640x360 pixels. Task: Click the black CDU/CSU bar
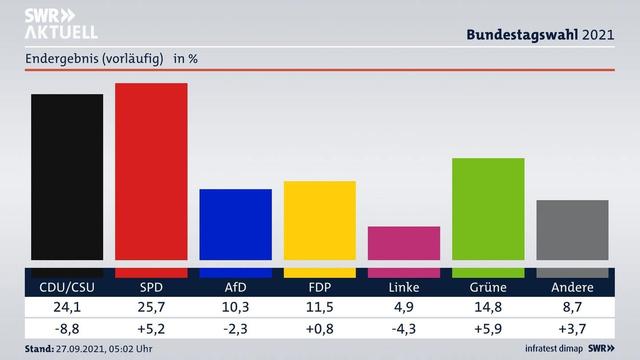[x=67, y=185]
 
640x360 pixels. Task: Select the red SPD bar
[x=151, y=180]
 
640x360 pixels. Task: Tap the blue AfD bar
[x=235, y=232]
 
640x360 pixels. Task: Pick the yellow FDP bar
[x=319, y=228]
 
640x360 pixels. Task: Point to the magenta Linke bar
[x=404, y=251]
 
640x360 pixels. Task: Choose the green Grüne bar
[x=488, y=217]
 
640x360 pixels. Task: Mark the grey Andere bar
[x=572, y=238]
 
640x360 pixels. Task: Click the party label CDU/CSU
[x=67, y=288]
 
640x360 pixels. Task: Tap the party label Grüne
[x=488, y=288]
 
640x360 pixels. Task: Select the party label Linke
[x=404, y=288]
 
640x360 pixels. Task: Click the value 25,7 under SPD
[x=151, y=307]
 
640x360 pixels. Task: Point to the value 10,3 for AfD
[x=235, y=307]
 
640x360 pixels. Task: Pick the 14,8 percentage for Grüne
[x=488, y=307]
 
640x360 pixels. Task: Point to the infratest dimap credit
[x=555, y=350]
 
